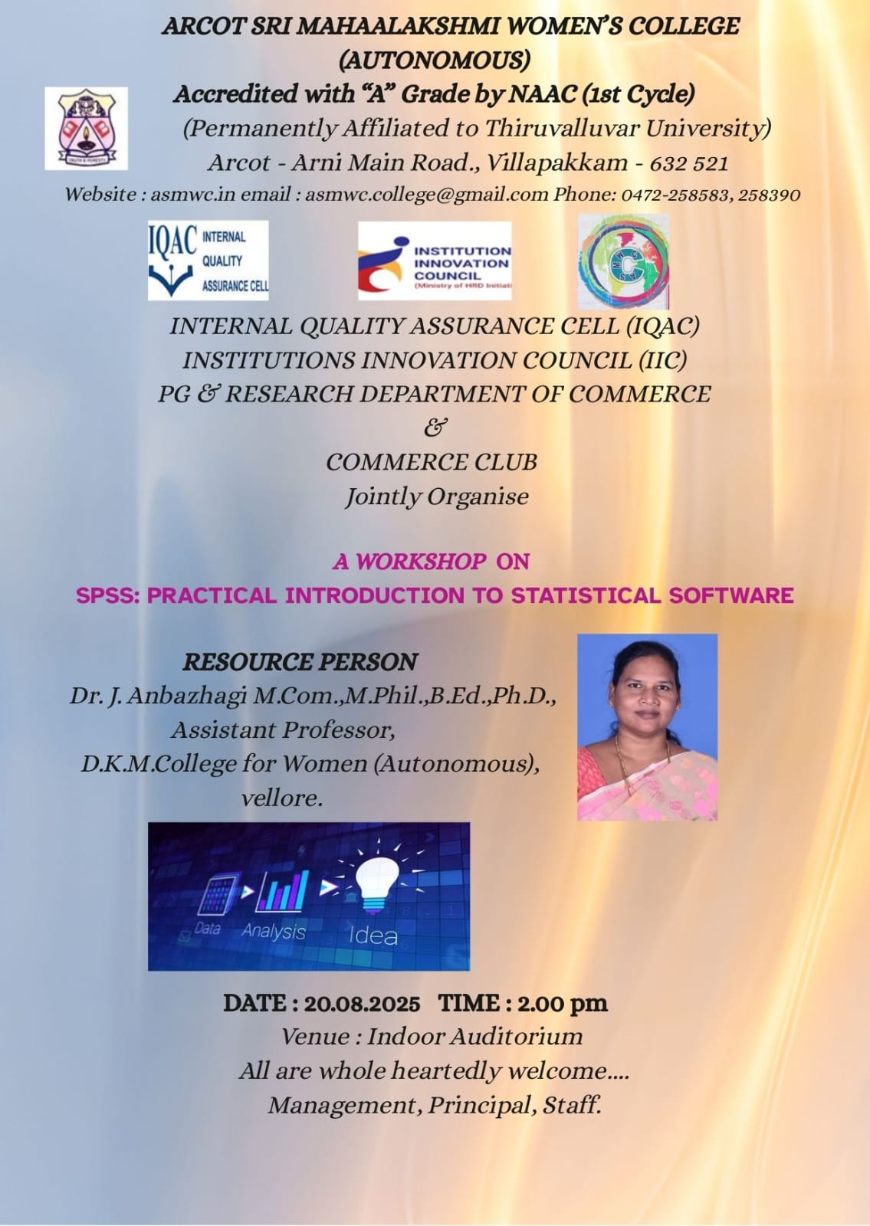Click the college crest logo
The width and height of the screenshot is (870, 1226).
tap(86, 129)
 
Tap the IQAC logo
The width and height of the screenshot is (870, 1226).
tap(208, 260)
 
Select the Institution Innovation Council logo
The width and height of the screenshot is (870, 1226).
tap(435, 261)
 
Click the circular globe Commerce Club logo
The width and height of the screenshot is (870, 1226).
tap(624, 261)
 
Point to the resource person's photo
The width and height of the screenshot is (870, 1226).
tap(647, 727)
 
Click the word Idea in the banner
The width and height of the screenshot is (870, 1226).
tap(373, 936)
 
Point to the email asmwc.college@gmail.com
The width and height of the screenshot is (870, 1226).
tap(426, 195)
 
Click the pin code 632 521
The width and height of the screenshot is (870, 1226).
tap(689, 163)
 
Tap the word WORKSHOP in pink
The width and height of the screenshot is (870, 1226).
tap(421, 561)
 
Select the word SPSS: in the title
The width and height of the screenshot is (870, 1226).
tap(108, 595)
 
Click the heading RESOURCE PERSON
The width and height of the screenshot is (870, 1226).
tap(300, 662)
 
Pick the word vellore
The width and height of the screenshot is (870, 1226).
tap(281, 798)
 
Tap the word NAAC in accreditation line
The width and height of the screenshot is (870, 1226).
tap(541, 94)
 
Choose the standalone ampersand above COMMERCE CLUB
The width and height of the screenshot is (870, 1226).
tap(435, 427)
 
